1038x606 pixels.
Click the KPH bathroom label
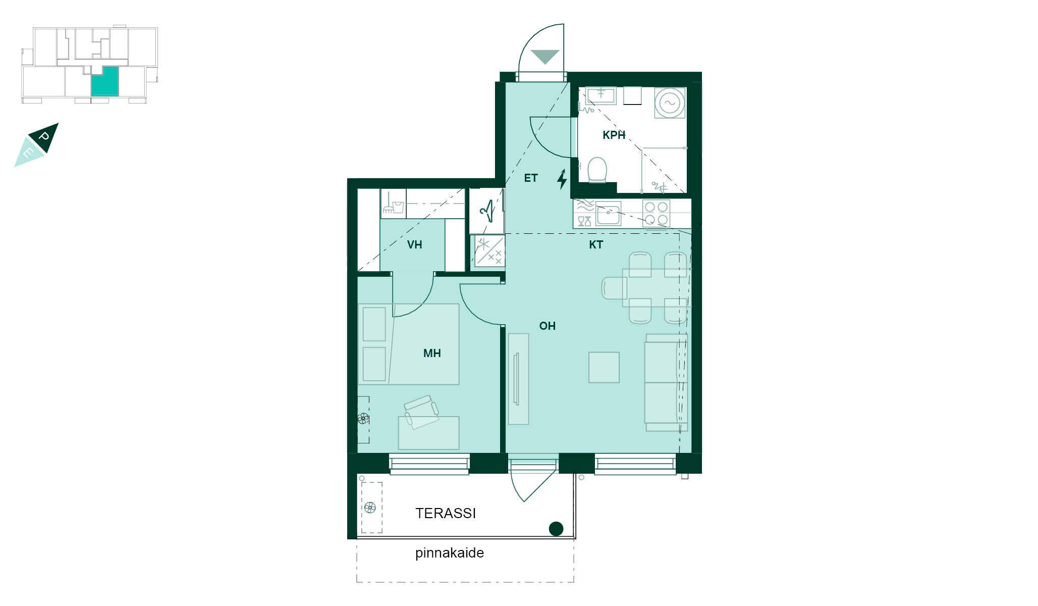point(614,135)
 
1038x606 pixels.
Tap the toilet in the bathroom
point(597,169)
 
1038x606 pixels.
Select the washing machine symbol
point(670,103)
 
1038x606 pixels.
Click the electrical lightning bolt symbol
point(562,179)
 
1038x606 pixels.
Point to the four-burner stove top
point(656,214)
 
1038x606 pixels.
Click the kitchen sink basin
point(608,214)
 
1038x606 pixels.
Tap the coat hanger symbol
point(486,211)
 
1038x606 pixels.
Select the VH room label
point(414,245)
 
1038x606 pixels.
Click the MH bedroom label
point(432,353)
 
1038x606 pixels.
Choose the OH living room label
point(547,326)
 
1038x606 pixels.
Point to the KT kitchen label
point(596,245)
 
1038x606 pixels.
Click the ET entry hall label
point(531,178)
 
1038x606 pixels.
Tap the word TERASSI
point(446,514)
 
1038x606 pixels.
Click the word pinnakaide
point(450,553)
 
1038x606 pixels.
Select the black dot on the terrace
point(556,529)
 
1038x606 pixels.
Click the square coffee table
point(604,367)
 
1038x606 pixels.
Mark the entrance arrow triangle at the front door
point(545,57)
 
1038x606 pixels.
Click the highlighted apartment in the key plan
point(105,81)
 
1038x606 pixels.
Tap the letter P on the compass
point(45,136)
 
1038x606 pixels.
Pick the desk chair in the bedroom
point(421,411)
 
